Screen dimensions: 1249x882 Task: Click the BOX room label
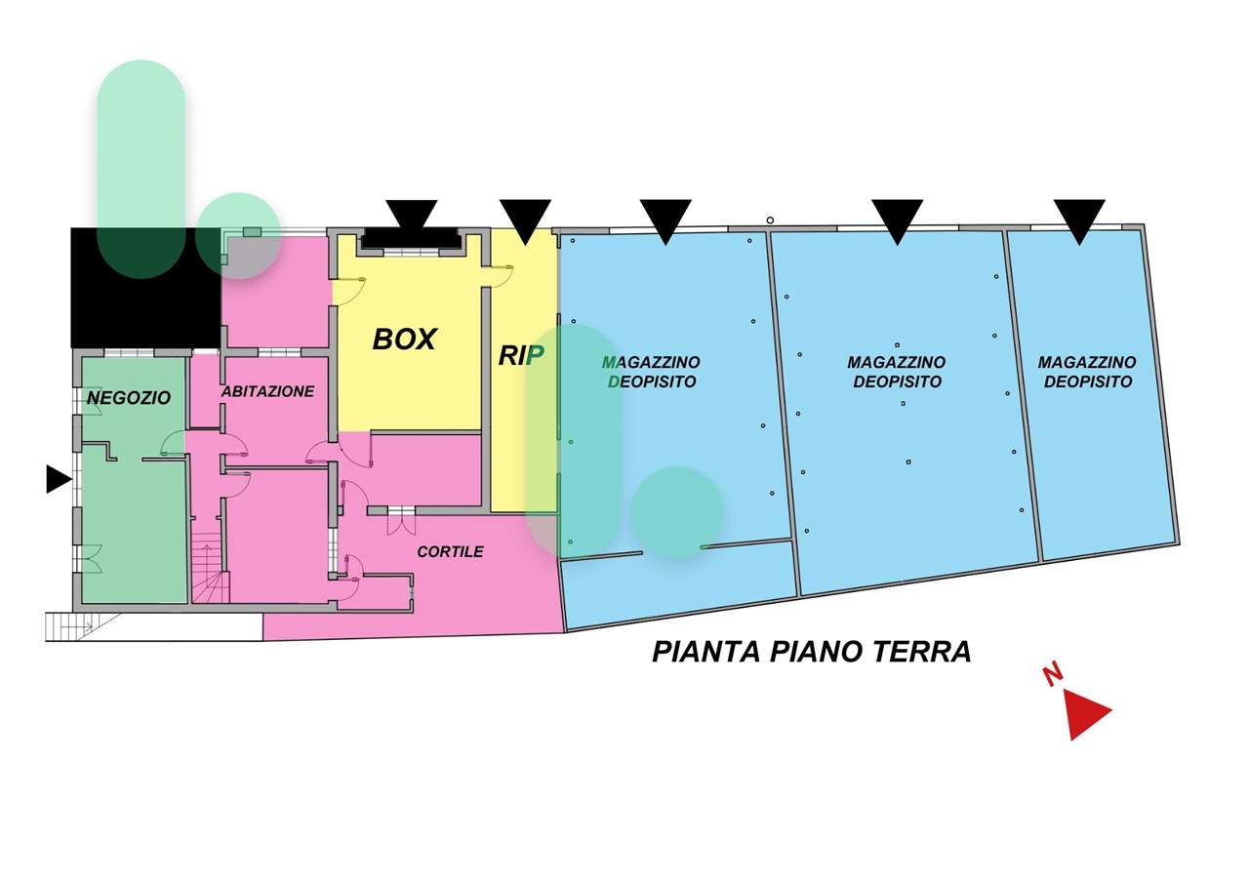coord(404,340)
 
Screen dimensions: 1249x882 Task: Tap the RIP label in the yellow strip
coord(521,356)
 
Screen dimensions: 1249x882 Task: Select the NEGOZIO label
coord(129,397)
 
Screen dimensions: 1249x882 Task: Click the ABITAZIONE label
coord(268,391)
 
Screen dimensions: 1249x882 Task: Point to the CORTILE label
coord(451,551)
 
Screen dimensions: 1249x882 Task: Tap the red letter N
coord(1053,675)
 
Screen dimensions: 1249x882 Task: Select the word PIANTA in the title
coord(705,652)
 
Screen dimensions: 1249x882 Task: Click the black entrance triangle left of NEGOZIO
coord(58,479)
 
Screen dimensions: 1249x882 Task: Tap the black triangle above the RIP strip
coord(525,221)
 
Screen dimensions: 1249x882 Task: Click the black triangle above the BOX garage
coord(412,215)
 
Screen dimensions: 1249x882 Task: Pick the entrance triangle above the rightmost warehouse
coord(1079,221)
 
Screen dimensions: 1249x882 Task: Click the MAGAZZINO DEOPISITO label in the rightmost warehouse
coord(1087,372)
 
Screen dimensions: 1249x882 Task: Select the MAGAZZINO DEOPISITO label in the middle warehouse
coord(897,372)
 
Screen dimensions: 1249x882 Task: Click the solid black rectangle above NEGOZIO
coord(145,288)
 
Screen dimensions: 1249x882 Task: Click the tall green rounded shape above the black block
coord(141,169)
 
